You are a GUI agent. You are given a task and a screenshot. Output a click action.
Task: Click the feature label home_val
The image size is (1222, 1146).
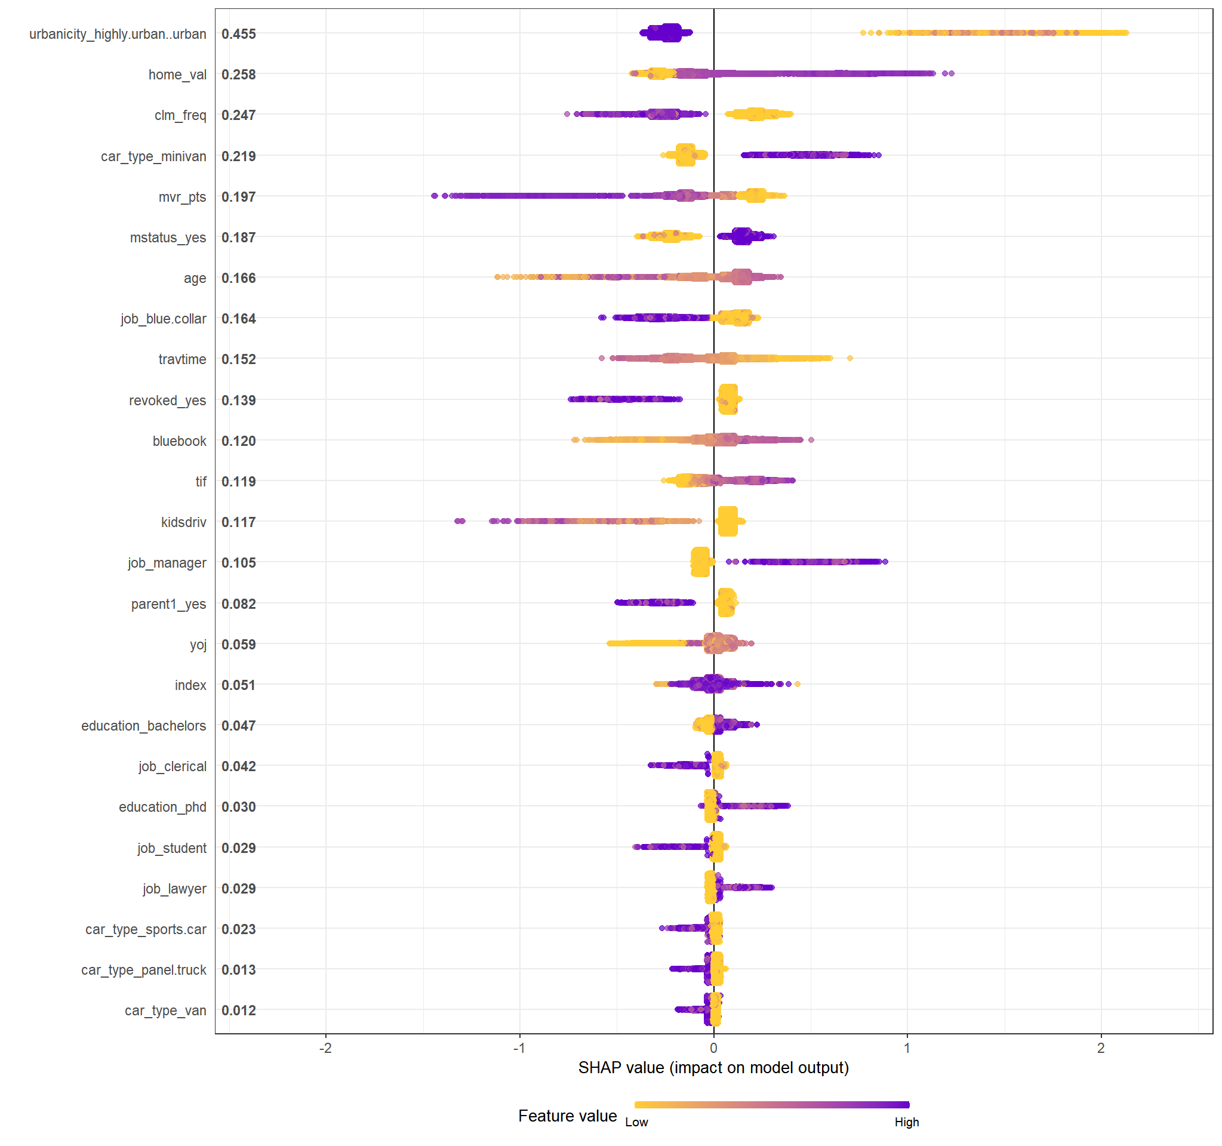177,75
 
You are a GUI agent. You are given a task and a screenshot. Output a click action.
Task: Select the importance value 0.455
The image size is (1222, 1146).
239,35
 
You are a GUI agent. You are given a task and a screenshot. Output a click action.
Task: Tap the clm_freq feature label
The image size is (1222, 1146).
180,116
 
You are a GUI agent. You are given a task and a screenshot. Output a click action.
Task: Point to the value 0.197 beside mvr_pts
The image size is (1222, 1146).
239,197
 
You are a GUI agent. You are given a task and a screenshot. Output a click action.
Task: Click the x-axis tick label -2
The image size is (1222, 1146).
325,1048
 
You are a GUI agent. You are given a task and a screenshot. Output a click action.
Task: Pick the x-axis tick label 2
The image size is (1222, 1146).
1101,1048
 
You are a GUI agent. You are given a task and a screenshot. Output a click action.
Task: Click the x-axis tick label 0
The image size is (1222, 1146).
713,1048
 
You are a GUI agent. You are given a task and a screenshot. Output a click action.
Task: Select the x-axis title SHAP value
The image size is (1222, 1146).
713,1068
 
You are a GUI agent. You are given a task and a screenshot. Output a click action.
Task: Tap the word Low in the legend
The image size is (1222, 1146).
636,1123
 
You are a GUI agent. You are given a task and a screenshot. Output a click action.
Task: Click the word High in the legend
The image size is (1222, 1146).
907,1123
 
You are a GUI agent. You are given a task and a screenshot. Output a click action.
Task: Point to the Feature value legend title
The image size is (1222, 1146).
567,1116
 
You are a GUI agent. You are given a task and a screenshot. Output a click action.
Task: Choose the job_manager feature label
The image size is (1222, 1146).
167,563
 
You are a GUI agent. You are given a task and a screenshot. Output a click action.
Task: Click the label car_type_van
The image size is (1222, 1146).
165,1011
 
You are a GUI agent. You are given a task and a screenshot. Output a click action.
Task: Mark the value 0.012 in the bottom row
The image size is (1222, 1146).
239,1011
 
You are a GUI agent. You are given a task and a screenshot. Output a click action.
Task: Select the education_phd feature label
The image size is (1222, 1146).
162,808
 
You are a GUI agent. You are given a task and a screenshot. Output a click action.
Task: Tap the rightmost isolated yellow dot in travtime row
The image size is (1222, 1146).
850,358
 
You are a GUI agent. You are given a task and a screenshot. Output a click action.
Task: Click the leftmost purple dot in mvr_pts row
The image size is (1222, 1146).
435,196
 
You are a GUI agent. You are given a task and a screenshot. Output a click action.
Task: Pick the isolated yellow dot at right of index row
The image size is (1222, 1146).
797,685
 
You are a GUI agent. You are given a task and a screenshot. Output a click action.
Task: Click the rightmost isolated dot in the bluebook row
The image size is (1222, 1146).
811,440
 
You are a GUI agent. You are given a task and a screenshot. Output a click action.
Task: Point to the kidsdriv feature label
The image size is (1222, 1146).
183,522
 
